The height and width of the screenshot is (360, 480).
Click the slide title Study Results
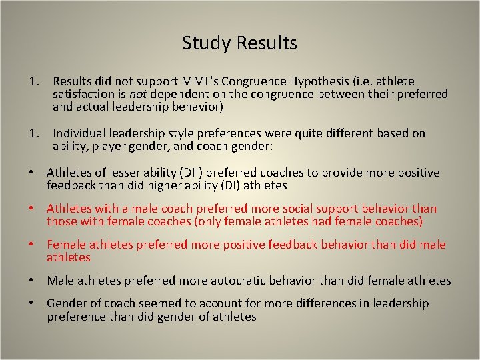coord(239,43)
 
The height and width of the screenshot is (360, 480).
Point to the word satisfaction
coord(84,95)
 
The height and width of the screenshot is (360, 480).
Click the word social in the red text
coord(279,209)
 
